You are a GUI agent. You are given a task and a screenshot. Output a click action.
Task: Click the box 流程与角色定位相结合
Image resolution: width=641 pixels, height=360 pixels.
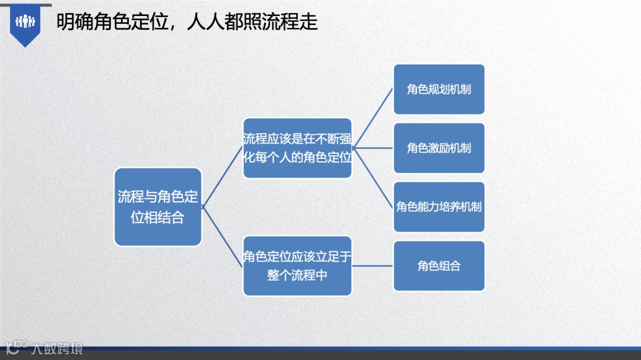point(158,207)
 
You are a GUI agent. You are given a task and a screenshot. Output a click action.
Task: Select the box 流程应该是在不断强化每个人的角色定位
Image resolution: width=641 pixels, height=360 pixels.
point(297,148)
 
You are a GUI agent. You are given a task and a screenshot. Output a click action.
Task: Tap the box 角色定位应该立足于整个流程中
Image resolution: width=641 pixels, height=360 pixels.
point(297,266)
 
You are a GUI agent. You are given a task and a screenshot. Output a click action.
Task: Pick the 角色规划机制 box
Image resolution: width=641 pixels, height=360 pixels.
point(439,90)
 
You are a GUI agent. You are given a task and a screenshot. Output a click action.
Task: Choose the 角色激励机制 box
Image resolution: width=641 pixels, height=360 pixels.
point(439,148)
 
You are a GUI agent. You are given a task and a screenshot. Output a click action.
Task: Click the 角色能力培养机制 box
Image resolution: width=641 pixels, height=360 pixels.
point(439,207)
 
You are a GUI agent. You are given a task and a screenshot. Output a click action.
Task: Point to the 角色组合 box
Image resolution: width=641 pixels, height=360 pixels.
point(439,266)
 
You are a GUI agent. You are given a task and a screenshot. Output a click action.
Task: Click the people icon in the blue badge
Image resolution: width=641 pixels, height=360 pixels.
point(26,22)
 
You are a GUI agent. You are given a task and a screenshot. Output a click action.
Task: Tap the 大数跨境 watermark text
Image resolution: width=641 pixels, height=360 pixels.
point(58,348)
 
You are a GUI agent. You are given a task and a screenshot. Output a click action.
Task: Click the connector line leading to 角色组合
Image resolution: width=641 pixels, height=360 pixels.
point(373,266)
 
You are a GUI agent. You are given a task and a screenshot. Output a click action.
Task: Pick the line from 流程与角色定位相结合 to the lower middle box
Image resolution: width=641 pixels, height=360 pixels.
point(223,236)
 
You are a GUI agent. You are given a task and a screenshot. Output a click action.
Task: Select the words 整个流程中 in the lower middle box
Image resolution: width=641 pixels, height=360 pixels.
point(297,275)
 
